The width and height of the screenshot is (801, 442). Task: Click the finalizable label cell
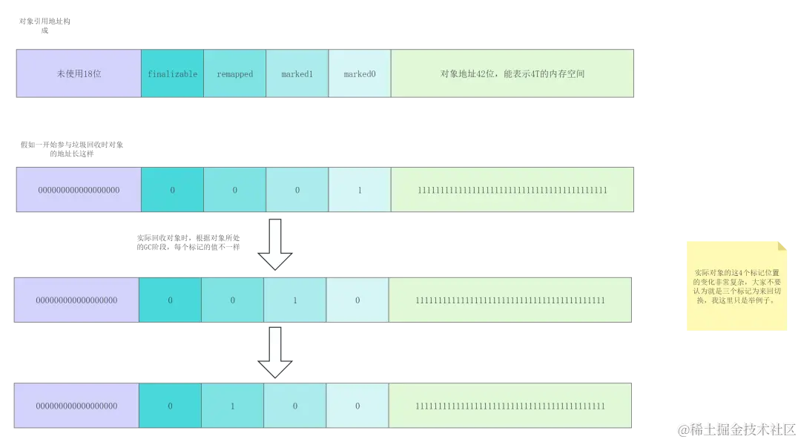pyautogui.click(x=172, y=74)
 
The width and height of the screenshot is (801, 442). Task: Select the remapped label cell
pyautogui.click(x=234, y=74)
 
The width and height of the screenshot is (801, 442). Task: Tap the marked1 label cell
pyautogui.click(x=297, y=74)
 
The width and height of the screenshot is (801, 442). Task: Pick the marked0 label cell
pyautogui.click(x=360, y=74)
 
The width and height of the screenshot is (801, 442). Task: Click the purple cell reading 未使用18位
pyautogui.click(x=79, y=74)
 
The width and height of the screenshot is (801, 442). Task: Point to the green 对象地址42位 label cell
pyautogui.click(x=512, y=74)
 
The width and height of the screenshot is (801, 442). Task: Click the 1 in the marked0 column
pyautogui.click(x=360, y=191)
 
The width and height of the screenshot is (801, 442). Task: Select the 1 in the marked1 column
pyautogui.click(x=295, y=300)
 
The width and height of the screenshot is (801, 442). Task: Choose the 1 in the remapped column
pyautogui.click(x=233, y=406)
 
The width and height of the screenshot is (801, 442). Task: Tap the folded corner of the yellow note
pyautogui.click(x=782, y=243)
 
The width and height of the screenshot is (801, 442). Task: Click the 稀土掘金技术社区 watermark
pyautogui.click(x=735, y=429)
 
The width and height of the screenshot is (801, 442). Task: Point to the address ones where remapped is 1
pyautogui.click(x=510, y=406)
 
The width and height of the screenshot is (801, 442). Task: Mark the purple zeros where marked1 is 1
pyautogui.click(x=77, y=300)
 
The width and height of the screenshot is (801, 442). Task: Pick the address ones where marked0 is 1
pyautogui.click(x=512, y=191)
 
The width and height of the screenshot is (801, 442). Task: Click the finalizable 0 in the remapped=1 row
pyautogui.click(x=170, y=406)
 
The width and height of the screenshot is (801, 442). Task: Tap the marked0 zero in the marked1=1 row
pyautogui.click(x=357, y=300)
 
